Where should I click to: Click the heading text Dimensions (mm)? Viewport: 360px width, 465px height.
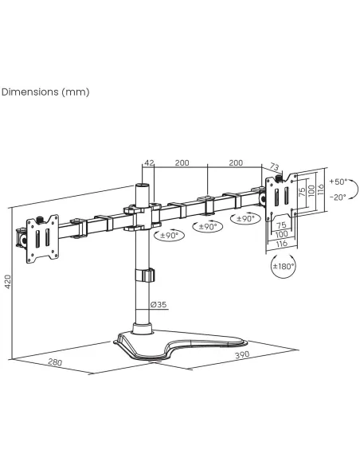click(x=45, y=92)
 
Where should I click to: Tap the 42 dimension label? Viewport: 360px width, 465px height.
click(x=149, y=162)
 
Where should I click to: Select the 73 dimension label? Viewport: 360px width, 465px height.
click(x=275, y=167)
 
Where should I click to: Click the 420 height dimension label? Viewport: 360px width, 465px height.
click(x=7, y=281)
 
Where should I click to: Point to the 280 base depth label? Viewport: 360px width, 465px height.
click(x=55, y=362)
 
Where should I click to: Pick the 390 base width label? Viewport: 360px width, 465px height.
click(x=242, y=354)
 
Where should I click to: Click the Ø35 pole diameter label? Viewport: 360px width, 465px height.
click(x=158, y=305)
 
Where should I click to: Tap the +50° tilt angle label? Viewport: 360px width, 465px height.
click(x=338, y=182)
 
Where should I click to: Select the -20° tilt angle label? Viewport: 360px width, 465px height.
click(x=338, y=197)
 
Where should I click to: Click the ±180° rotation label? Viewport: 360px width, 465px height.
click(x=284, y=266)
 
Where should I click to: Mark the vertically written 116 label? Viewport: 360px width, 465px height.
click(x=320, y=190)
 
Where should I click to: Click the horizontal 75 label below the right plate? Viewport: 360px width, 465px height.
click(x=281, y=225)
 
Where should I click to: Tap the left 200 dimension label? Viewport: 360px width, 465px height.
click(x=182, y=162)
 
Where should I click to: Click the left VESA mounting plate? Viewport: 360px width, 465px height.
click(x=42, y=239)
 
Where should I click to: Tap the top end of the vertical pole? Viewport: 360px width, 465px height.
click(x=142, y=185)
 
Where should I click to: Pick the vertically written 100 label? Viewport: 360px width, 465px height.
click(x=311, y=191)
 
